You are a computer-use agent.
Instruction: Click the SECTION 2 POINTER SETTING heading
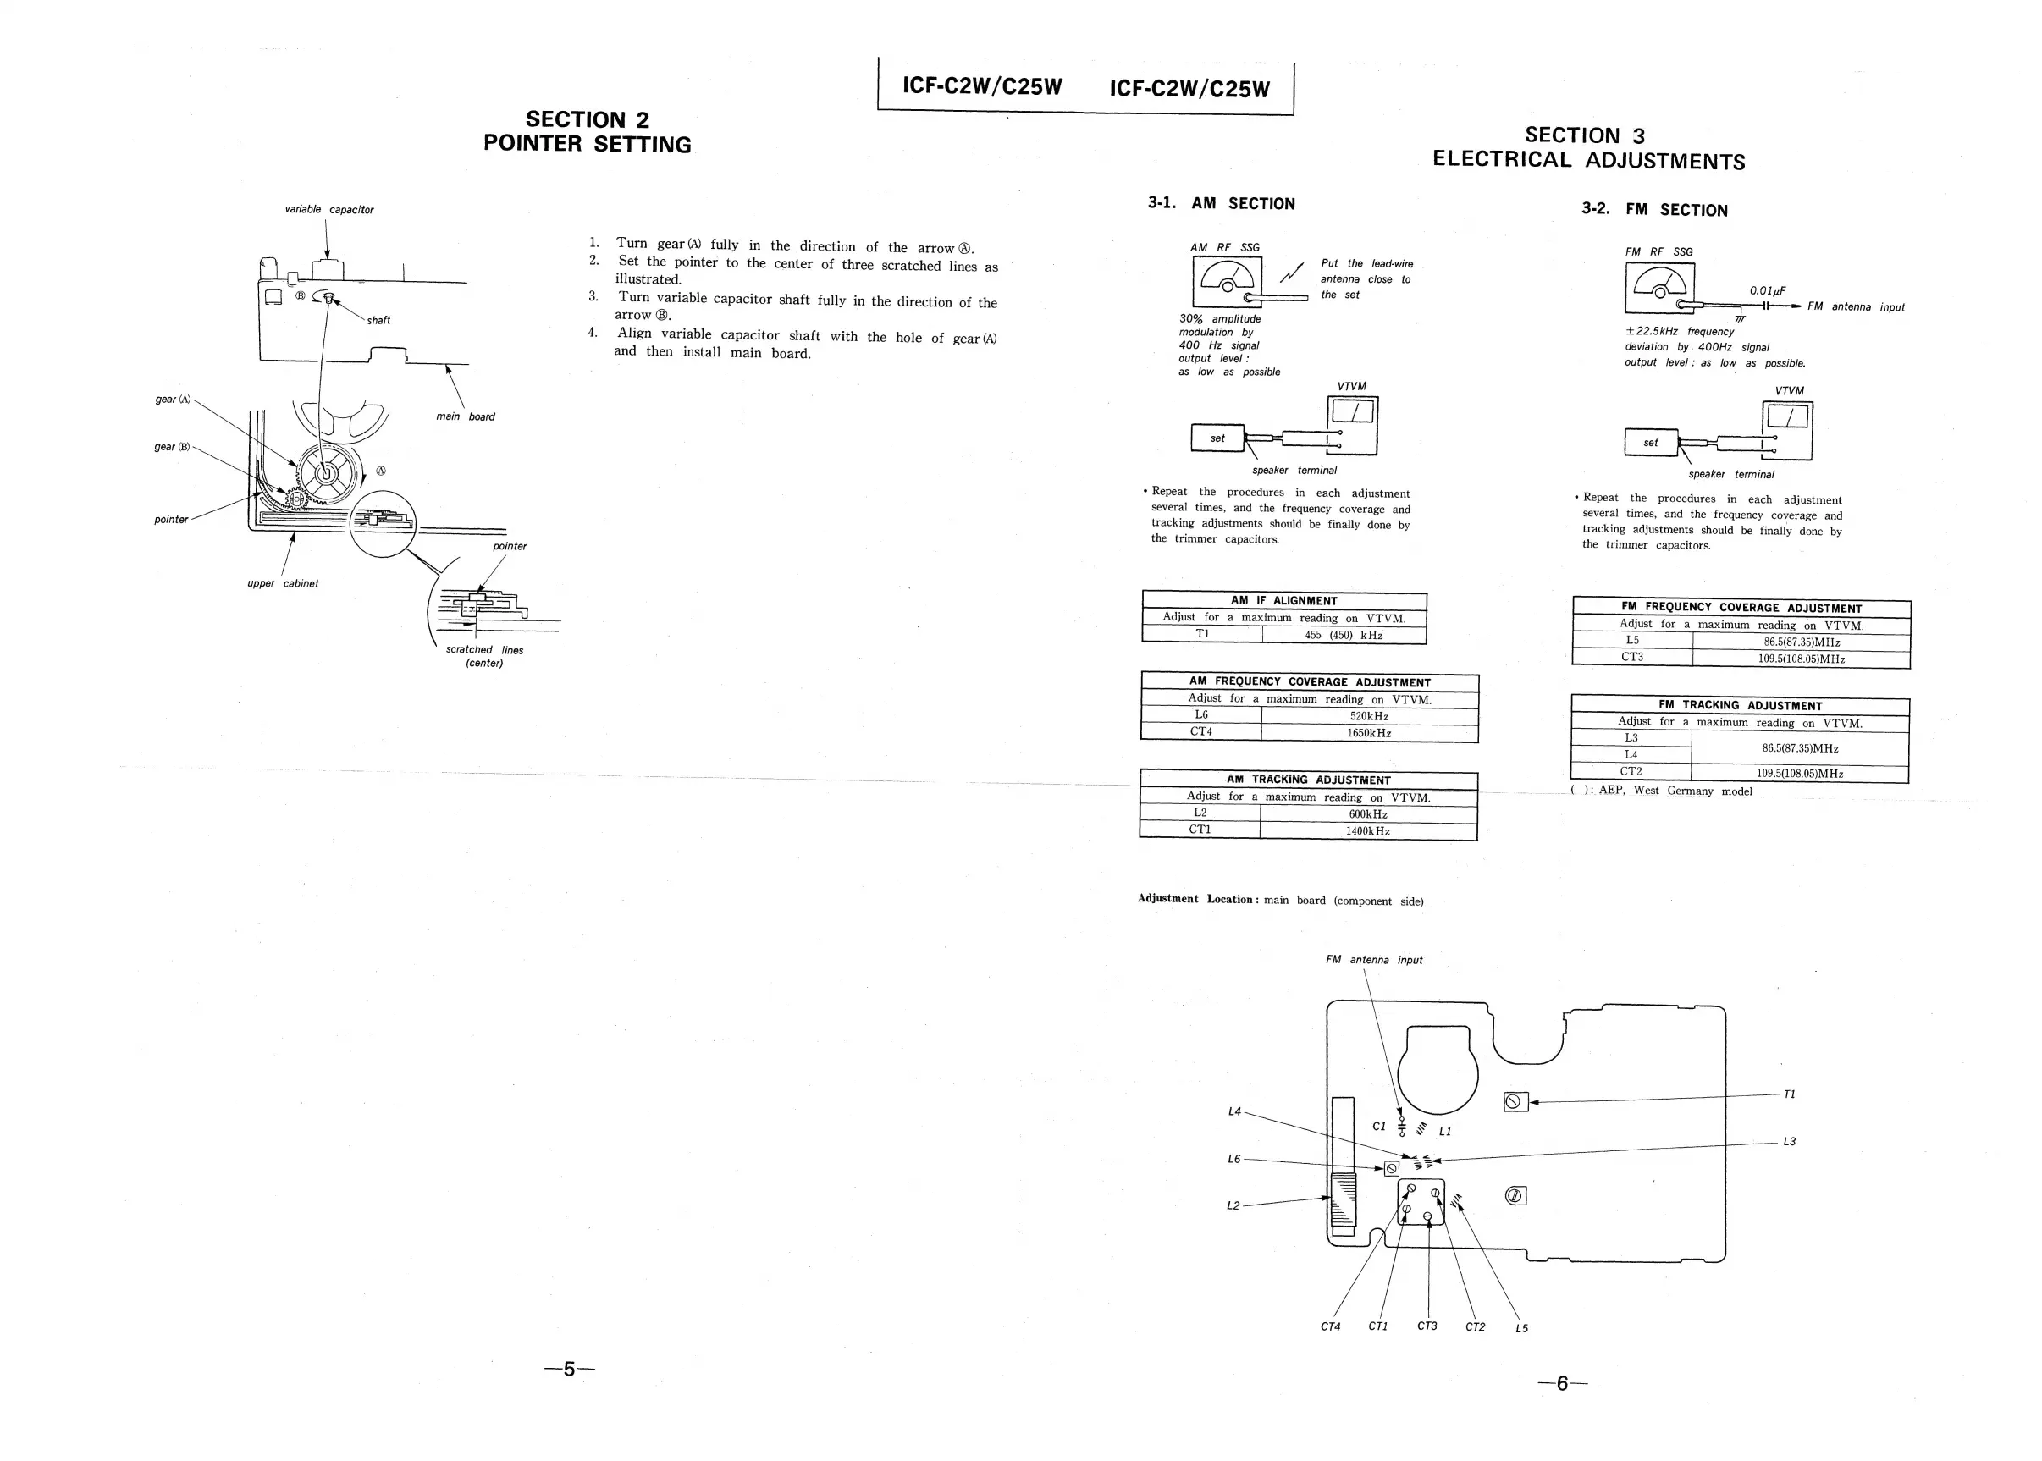click(x=588, y=132)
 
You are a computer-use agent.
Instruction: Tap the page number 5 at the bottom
click(x=570, y=1370)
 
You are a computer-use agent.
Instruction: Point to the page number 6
click(x=1562, y=1384)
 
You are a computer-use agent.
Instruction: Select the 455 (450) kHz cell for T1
click(x=1343, y=635)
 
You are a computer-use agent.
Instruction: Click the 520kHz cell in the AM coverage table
click(x=1368, y=716)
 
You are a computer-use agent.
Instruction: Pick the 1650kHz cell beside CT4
click(x=1368, y=733)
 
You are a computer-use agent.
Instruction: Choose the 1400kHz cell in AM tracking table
click(x=1367, y=831)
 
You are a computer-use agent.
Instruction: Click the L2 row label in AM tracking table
click(x=1200, y=813)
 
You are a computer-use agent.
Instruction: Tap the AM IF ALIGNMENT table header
click(x=1283, y=600)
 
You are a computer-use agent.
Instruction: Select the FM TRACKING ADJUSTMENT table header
click(x=1740, y=705)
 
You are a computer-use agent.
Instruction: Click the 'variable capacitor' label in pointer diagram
click(x=329, y=210)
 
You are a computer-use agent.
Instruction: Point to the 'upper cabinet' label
click(x=283, y=583)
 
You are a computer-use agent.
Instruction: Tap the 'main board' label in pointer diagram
click(x=465, y=416)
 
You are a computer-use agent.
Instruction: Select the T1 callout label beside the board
click(x=1789, y=1094)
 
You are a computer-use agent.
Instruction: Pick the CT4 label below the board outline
click(x=1331, y=1326)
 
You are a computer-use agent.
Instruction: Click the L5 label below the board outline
click(x=1521, y=1328)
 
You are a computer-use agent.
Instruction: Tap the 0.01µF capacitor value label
click(x=1767, y=290)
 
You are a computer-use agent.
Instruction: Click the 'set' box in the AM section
click(x=1217, y=438)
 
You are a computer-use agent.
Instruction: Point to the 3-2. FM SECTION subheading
click(x=1654, y=210)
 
